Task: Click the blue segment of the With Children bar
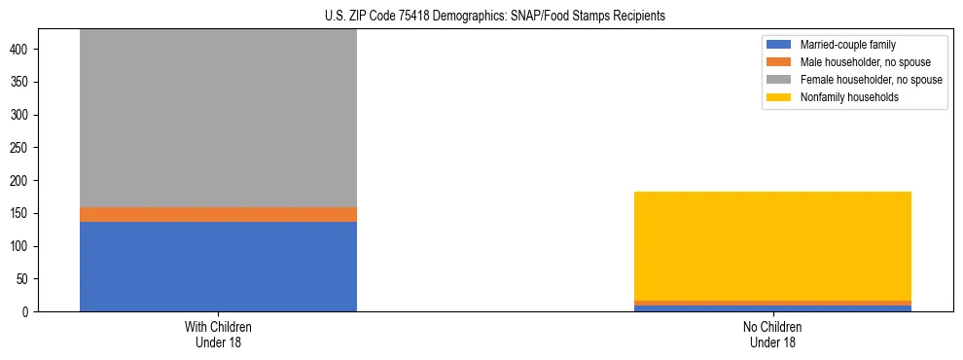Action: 218,267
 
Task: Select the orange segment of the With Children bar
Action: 218,214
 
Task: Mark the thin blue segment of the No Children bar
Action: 772,308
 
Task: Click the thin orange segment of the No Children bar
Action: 772,303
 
